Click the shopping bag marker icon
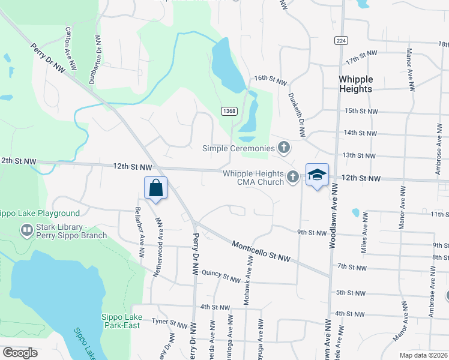click(x=156, y=188)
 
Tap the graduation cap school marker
click(x=317, y=175)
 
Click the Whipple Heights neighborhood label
click(x=355, y=84)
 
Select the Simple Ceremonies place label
click(x=239, y=148)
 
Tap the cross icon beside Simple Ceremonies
click(x=284, y=148)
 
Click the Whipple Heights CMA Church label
click(x=253, y=178)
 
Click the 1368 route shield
click(x=228, y=111)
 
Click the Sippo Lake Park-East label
click(x=120, y=321)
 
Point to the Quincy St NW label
click(x=221, y=275)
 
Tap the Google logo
click(x=20, y=353)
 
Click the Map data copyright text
click(x=424, y=355)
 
